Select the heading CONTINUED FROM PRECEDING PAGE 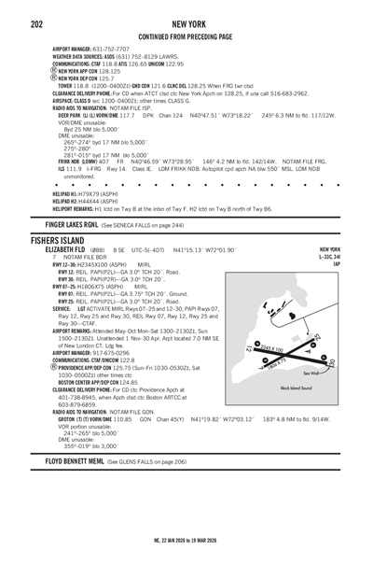[186, 35]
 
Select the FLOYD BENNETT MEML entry [75, 461]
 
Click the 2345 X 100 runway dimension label [270, 348]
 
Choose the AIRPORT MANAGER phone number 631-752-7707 [112, 49]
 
